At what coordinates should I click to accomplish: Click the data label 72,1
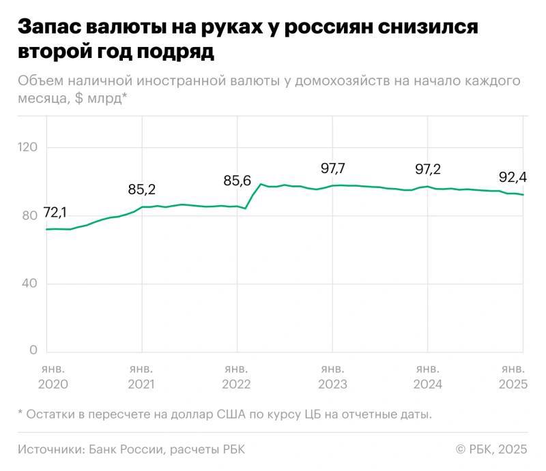pos(55,213)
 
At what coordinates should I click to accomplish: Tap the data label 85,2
pos(142,190)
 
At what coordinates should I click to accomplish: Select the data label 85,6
pos(238,181)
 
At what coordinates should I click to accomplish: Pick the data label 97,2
pos(428,169)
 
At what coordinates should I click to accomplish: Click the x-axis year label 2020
pos(53,384)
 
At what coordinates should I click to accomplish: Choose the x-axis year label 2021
pos(141,384)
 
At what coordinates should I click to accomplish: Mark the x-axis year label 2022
pos(237,384)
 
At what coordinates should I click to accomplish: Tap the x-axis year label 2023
pos(332,384)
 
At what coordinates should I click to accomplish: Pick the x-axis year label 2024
pos(428,384)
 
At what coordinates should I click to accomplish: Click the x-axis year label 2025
pos(513,384)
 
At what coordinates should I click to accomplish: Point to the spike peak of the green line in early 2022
pos(260,184)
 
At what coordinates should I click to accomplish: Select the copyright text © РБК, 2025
pos(491,449)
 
